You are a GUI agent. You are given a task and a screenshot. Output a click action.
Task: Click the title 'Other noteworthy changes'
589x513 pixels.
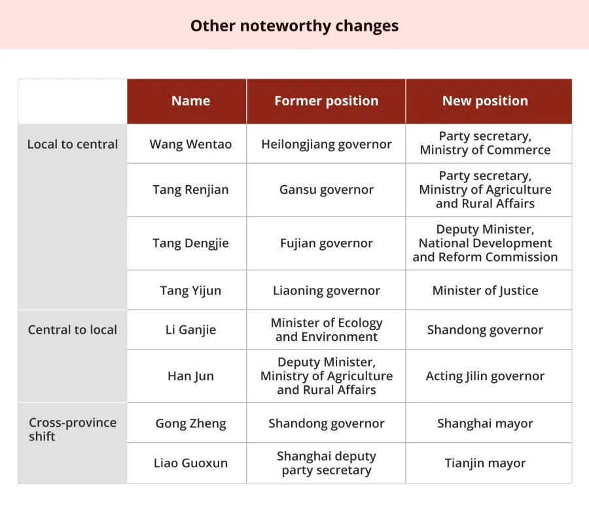(294, 26)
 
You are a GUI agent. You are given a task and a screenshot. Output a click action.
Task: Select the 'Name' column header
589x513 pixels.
(191, 101)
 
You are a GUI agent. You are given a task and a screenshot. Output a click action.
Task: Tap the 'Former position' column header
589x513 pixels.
(326, 101)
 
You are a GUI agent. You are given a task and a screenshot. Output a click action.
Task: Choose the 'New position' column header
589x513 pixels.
(485, 101)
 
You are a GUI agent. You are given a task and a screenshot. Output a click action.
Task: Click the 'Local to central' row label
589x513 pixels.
(73, 144)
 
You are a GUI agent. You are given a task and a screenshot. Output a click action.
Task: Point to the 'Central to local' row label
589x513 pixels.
(73, 330)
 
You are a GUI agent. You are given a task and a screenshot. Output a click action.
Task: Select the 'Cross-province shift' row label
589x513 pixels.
(73, 429)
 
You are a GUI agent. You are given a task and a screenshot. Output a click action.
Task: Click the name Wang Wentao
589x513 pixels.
(190, 144)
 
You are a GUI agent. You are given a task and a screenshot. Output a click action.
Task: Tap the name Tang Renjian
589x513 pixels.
(190, 190)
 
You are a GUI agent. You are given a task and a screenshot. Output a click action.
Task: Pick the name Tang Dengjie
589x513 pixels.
(190, 243)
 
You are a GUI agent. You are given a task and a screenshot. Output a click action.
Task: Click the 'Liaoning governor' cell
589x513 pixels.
(327, 291)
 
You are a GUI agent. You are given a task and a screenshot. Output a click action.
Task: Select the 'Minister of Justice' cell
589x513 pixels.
(485, 291)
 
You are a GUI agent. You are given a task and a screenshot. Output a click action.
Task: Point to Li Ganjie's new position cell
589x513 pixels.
(485, 330)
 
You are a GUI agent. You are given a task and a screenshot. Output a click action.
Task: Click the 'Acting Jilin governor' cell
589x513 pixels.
(485, 376)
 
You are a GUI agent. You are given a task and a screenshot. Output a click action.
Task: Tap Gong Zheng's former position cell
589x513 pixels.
(327, 423)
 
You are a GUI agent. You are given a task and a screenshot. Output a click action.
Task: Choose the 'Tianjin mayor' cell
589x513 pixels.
(485, 463)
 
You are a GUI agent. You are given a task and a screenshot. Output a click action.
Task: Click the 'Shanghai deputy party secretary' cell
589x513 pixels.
(327, 463)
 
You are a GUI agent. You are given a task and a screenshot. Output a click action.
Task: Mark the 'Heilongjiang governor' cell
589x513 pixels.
(327, 144)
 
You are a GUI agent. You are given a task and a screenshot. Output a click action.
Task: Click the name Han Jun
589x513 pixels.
(190, 376)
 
